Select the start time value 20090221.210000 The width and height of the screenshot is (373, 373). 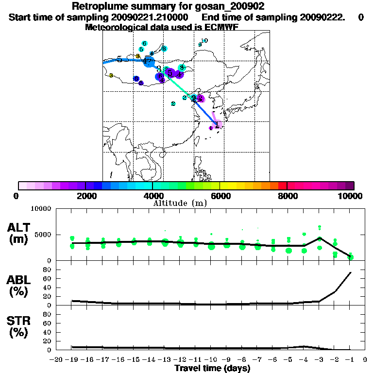click(x=150, y=17)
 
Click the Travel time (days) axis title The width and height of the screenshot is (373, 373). click(x=212, y=368)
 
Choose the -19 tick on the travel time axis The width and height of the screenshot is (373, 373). click(x=72, y=360)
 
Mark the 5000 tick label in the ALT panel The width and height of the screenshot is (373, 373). click(x=43, y=235)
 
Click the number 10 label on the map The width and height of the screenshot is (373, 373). click(x=204, y=41)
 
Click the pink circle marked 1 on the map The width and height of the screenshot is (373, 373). click(x=218, y=125)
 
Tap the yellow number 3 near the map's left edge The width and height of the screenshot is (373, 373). click(x=111, y=75)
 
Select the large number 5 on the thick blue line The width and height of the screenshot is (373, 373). click(x=119, y=59)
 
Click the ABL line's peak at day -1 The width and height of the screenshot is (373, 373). click(x=351, y=272)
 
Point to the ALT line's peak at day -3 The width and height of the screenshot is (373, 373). click(x=320, y=238)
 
